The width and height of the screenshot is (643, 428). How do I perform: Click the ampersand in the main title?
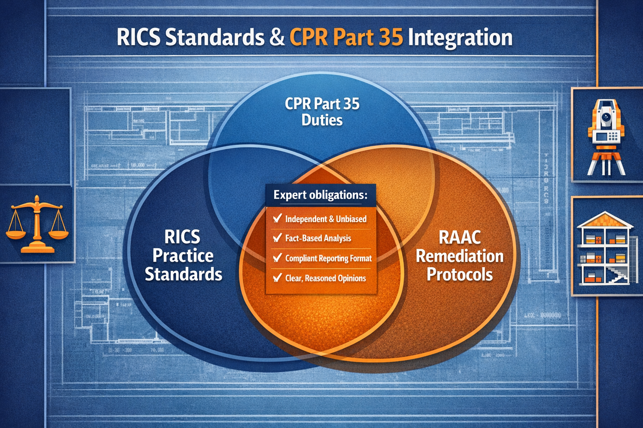(x=277, y=38)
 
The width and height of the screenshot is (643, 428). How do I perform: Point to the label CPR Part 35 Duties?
(x=322, y=112)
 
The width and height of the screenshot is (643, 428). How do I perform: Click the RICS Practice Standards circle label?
(x=183, y=256)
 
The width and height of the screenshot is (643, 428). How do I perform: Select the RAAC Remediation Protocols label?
(x=459, y=256)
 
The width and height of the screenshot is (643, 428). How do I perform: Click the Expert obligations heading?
(x=320, y=195)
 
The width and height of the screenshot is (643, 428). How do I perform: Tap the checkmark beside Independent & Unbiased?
(x=277, y=218)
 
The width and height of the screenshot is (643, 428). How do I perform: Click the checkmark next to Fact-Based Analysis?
(x=277, y=238)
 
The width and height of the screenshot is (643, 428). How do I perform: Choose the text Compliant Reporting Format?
(x=328, y=258)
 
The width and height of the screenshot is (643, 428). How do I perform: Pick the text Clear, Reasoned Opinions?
(x=325, y=278)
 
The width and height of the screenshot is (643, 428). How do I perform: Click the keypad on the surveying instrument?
(x=612, y=136)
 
